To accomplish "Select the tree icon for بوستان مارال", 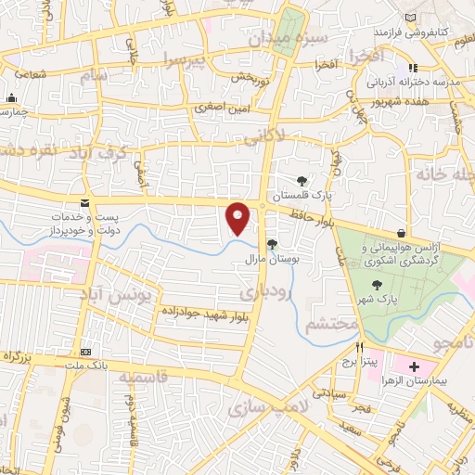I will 272,245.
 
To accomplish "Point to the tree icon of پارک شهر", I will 376,286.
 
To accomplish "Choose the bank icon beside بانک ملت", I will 86,353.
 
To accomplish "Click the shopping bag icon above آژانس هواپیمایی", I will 401,232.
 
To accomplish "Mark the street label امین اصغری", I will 221,109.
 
